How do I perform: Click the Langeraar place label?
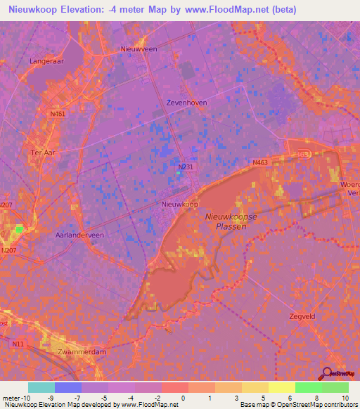point(47,61)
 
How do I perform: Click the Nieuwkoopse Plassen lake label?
point(230,221)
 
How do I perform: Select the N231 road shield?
point(186,167)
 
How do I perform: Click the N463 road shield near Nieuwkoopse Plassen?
point(261,162)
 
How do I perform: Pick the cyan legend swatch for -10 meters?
point(41,387)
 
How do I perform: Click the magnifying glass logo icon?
point(326,373)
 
